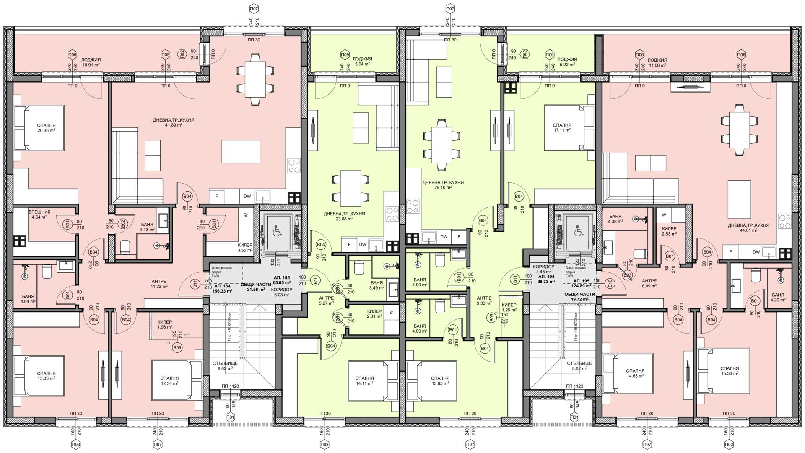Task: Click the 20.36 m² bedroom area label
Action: pyautogui.click(x=46, y=130)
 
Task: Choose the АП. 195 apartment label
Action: pyautogui.click(x=582, y=281)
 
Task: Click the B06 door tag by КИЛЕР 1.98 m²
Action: pyautogui.click(x=177, y=347)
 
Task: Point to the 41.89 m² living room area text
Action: pyautogui.click(x=174, y=125)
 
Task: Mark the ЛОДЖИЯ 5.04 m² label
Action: pyautogui.click(x=362, y=62)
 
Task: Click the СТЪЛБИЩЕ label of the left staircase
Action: pyautogui.click(x=225, y=363)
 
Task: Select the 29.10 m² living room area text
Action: pyautogui.click(x=443, y=188)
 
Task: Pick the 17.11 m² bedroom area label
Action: pyautogui.click(x=562, y=130)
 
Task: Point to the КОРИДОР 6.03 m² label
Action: pyautogui.click(x=281, y=292)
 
